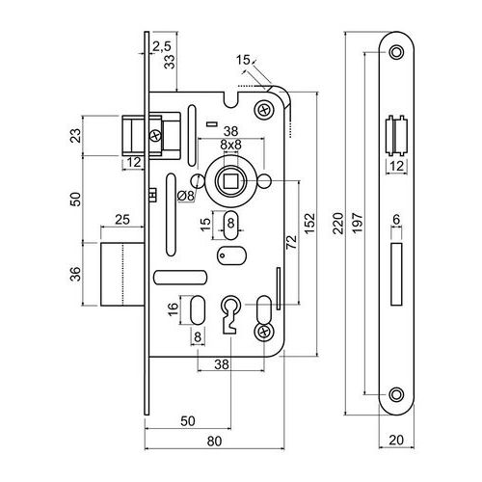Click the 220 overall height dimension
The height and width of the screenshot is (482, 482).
click(337, 223)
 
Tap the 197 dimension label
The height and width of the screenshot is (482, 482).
click(357, 223)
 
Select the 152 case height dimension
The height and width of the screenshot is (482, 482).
click(309, 223)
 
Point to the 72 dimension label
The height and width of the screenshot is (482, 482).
click(291, 242)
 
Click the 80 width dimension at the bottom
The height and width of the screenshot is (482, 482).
click(214, 441)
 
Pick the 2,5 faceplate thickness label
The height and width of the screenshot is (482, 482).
click(162, 46)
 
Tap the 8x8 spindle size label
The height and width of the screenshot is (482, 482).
click(230, 145)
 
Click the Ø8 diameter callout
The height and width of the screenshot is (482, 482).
click(186, 196)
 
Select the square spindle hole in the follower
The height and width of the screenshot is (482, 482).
click(230, 181)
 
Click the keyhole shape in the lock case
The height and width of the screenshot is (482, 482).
click(229, 314)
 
